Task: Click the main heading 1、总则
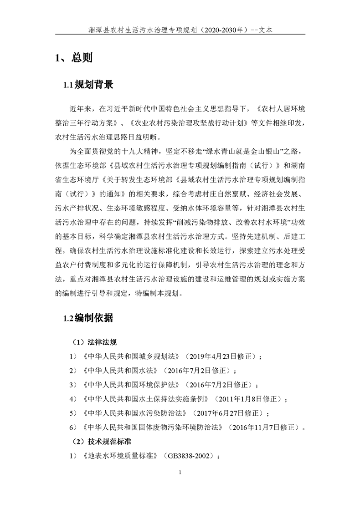click(x=74, y=58)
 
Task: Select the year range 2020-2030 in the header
click(x=222, y=30)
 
